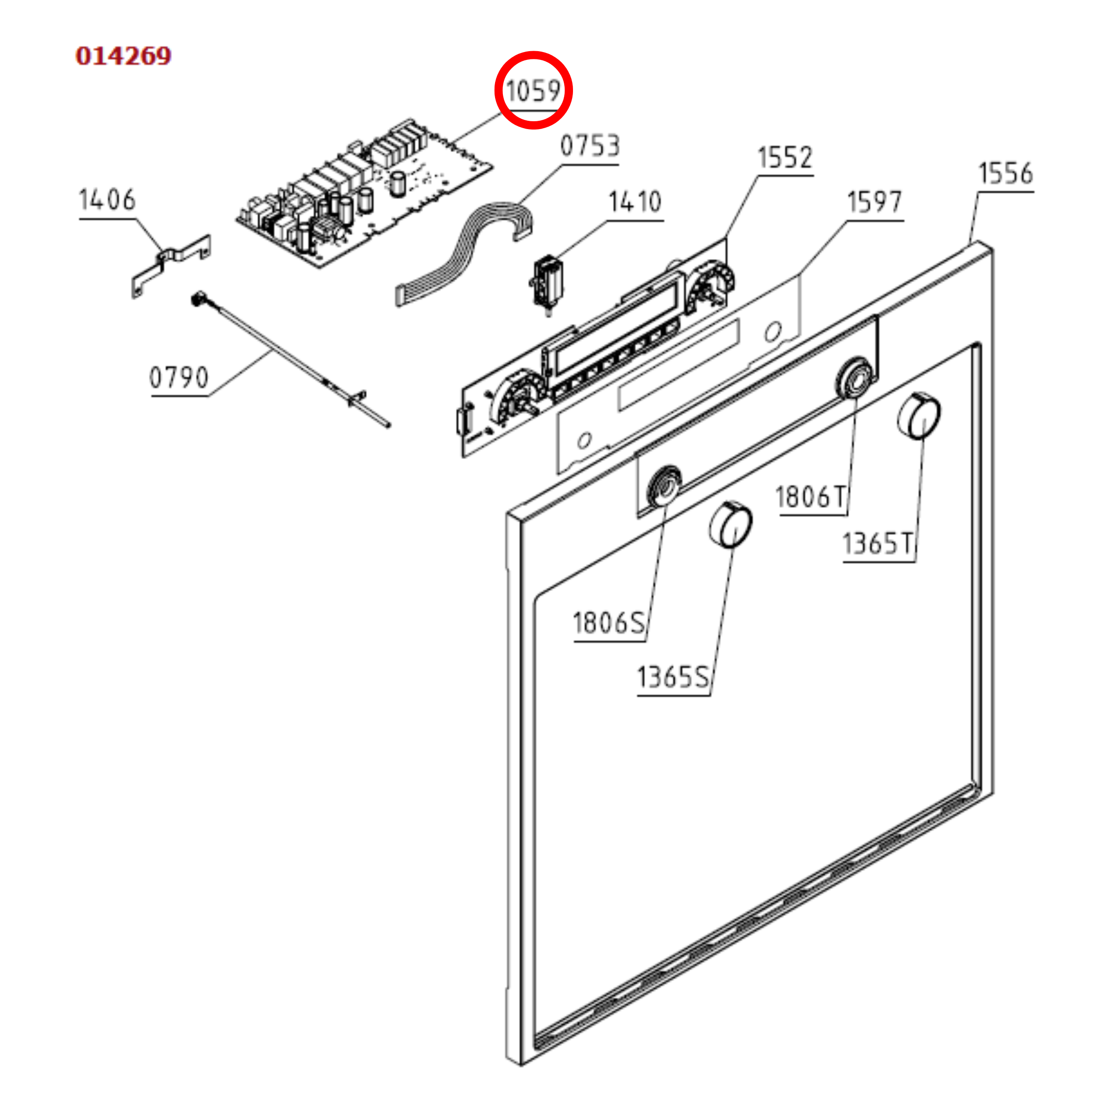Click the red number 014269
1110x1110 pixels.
(x=124, y=56)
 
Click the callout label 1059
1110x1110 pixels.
(x=533, y=91)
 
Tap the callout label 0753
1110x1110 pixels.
(x=590, y=146)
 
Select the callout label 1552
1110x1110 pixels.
(x=785, y=158)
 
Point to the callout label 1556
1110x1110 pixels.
(x=1005, y=173)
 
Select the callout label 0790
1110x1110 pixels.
(x=179, y=378)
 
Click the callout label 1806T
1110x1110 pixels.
(x=811, y=497)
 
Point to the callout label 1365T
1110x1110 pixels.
(x=878, y=543)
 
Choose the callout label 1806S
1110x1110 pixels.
(x=609, y=623)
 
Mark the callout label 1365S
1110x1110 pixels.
(x=673, y=677)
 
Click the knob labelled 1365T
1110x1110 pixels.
(x=919, y=415)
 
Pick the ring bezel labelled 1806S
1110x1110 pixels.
(x=665, y=486)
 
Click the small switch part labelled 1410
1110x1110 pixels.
(x=547, y=284)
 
